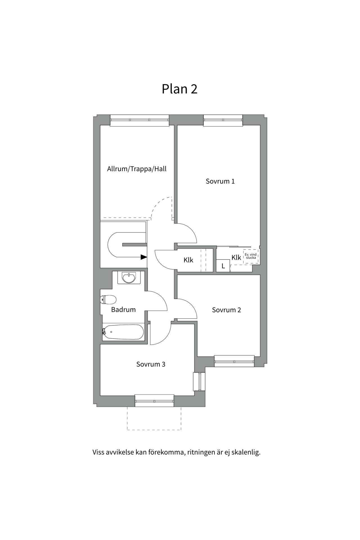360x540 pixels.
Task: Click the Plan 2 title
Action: (x=179, y=89)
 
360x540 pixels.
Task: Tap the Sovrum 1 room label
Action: (x=220, y=181)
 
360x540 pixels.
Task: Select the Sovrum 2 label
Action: (x=226, y=310)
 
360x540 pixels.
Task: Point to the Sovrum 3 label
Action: (x=151, y=364)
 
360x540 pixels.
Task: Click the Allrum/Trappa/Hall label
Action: (x=137, y=169)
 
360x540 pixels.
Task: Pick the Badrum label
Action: (x=123, y=310)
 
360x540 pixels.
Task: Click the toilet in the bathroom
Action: (x=108, y=300)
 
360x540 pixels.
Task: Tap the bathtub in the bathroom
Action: (x=123, y=332)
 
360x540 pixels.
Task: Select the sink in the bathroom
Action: (x=129, y=278)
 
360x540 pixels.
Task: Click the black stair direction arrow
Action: (x=144, y=257)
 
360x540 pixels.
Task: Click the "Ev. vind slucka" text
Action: (x=251, y=256)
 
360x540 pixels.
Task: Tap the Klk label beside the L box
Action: (x=236, y=257)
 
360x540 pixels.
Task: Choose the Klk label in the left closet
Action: (x=188, y=260)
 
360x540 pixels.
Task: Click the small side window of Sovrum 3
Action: (x=199, y=382)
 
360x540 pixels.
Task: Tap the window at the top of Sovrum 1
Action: (x=223, y=120)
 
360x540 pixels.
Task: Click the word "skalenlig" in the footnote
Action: (x=246, y=453)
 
